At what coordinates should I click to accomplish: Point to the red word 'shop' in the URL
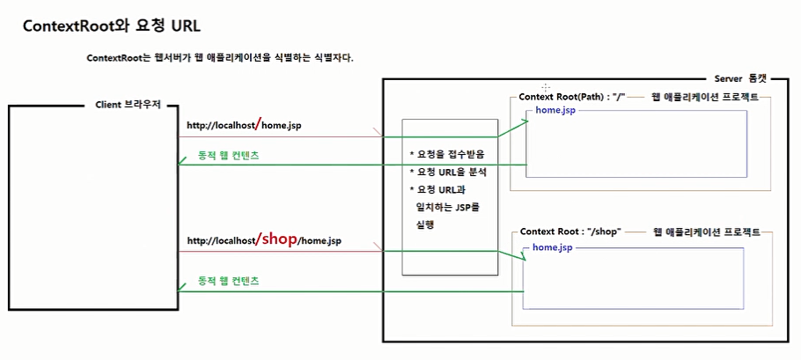[x=280, y=238]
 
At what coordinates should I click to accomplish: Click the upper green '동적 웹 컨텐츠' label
[x=228, y=155]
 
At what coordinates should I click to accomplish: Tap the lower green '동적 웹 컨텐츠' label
[x=228, y=282]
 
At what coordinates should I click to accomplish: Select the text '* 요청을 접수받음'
[x=448, y=154]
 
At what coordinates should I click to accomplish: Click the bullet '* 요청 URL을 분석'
[x=448, y=172]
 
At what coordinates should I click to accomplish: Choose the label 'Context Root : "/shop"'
[x=570, y=231]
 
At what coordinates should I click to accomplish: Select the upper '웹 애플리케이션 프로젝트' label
[x=703, y=96]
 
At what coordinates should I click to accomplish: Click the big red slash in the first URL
[x=257, y=124]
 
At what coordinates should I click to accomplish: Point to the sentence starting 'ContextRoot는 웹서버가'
[x=220, y=58]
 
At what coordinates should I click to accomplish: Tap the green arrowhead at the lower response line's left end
[x=182, y=291]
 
